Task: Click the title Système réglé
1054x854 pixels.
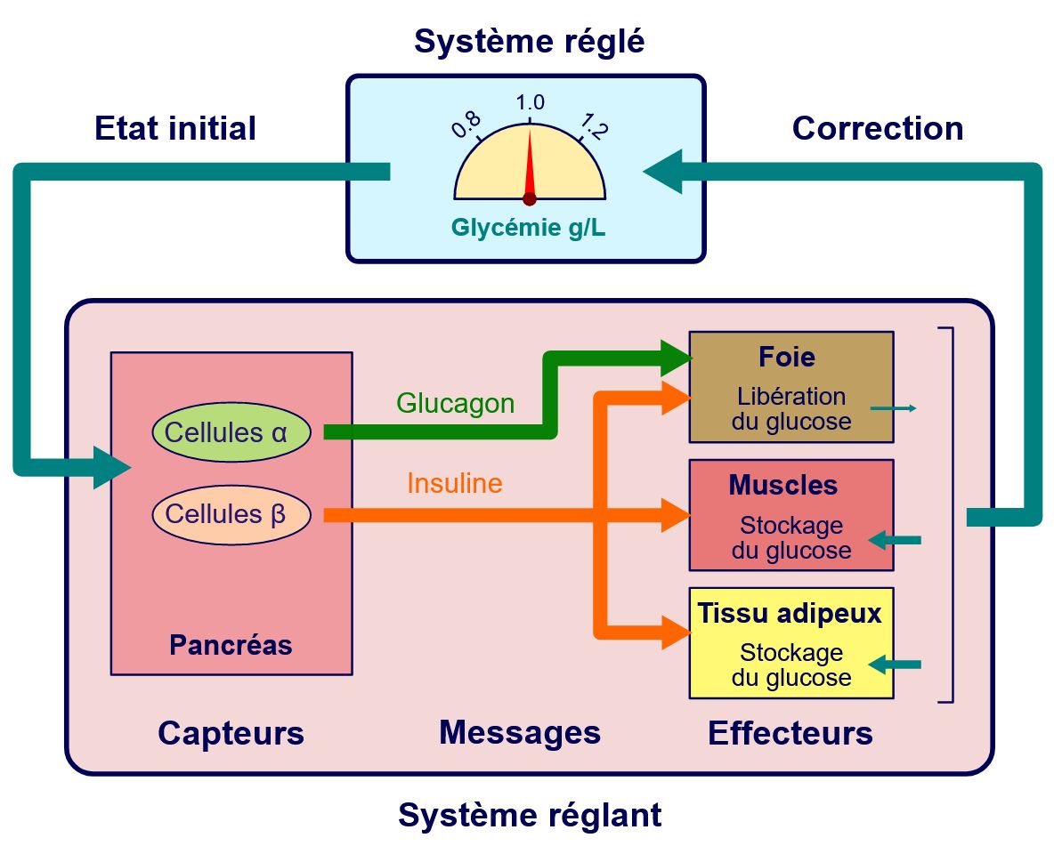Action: pos(529,41)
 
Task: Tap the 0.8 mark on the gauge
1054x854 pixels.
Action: pos(466,125)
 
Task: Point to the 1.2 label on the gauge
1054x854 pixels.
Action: pos(593,126)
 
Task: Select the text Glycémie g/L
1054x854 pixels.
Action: pos(529,229)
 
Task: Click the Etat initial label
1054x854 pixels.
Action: pos(175,128)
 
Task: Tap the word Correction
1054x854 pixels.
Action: pos(877,128)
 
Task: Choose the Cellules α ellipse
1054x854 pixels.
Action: pos(231,432)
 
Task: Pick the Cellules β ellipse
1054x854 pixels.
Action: pos(231,514)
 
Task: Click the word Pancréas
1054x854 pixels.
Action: pos(231,644)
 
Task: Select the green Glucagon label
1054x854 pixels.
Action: pos(455,403)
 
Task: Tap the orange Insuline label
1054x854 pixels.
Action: pos(454,483)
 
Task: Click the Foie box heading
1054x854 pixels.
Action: pos(787,357)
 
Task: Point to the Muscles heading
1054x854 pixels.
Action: pos(782,485)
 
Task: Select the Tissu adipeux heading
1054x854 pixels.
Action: pos(789,613)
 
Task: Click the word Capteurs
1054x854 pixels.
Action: pos(231,734)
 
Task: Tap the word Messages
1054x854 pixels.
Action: pos(520,733)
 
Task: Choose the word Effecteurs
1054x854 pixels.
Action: pos(790,734)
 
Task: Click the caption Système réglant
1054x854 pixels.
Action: pos(529,815)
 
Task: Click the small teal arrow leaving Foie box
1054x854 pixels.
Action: pos(893,408)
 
